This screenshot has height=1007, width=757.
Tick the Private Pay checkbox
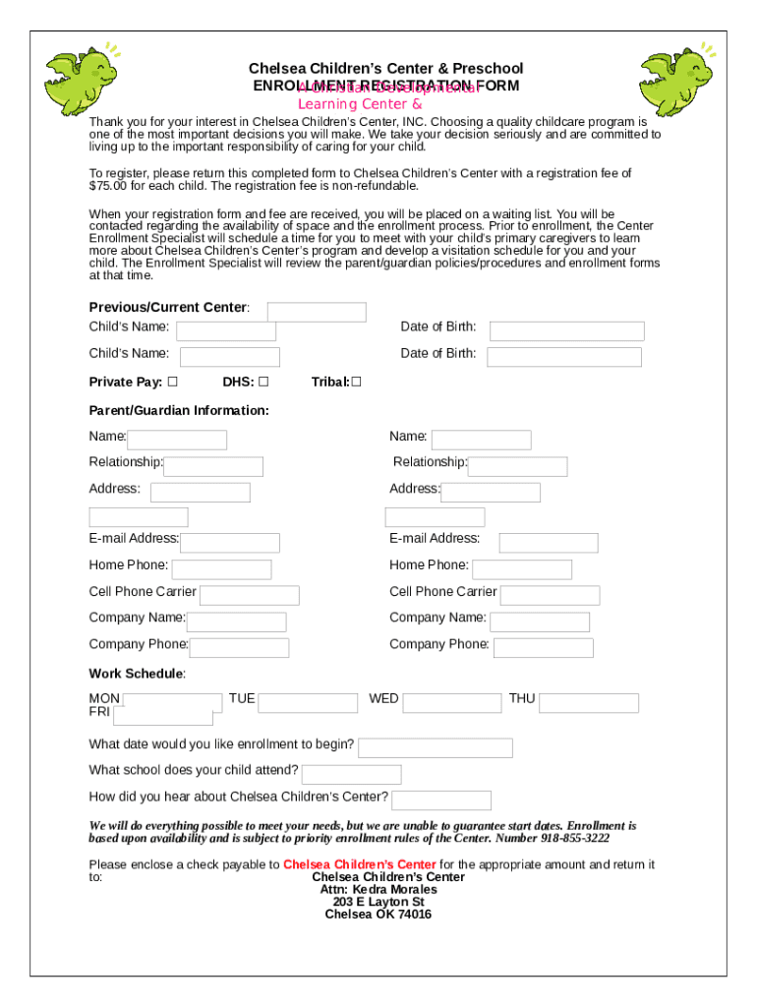(172, 382)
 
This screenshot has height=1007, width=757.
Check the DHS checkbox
(263, 382)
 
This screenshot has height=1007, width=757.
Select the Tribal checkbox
(356, 382)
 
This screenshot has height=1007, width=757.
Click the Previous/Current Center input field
(317, 312)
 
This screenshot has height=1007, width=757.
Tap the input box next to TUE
(308, 703)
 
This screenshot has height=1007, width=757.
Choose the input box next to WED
(452, 703)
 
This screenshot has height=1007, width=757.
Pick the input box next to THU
(589, 703)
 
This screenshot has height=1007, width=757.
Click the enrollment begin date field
(435, 748)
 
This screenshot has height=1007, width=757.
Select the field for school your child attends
(351, 774)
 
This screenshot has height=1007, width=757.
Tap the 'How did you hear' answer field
(440, 800)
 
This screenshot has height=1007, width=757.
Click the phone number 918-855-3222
(574, 839)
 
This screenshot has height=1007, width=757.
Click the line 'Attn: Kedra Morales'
(378, 889)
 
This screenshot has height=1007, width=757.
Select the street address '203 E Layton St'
(378, 902)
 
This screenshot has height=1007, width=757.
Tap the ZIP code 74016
(414, 915)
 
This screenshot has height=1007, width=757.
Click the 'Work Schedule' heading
(137, 674)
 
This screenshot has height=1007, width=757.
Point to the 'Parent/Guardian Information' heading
(179, 410)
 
